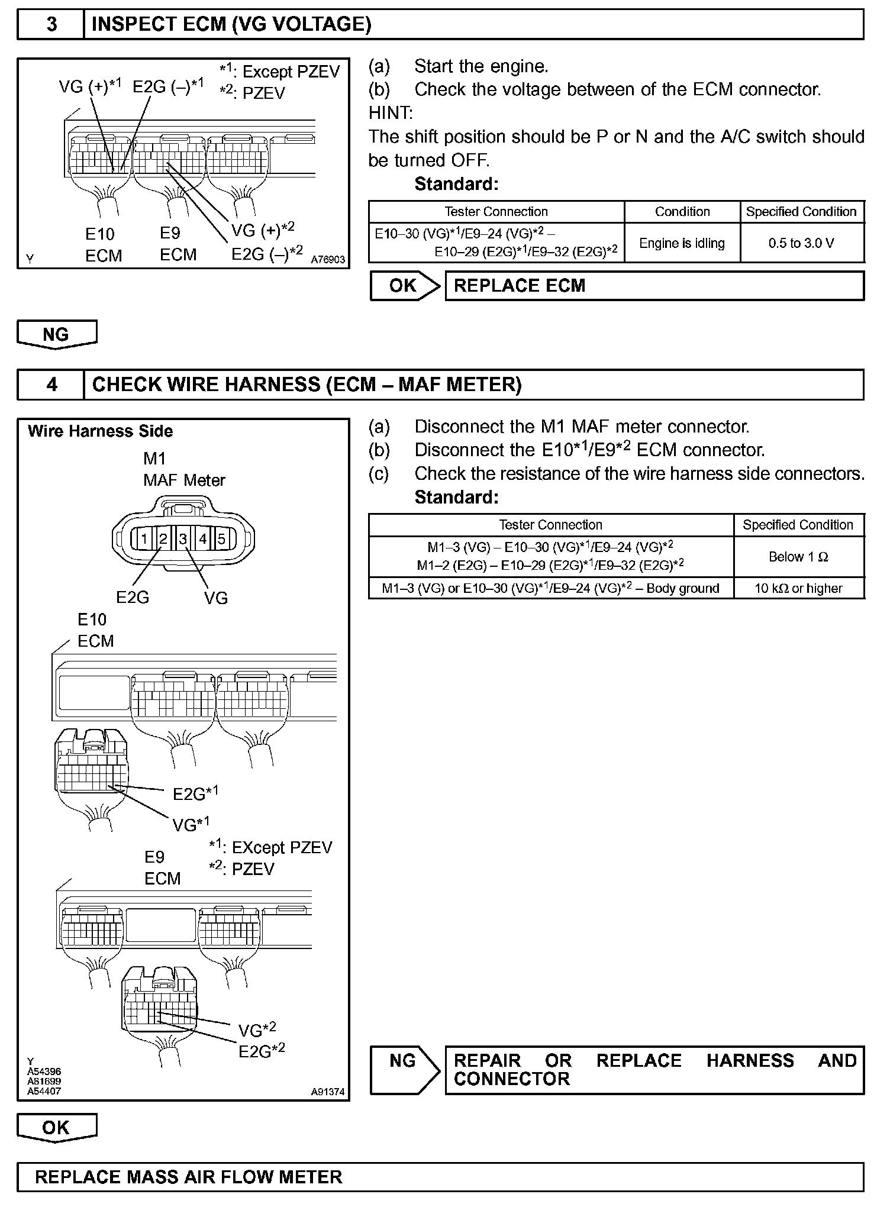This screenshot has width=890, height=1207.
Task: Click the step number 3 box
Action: point(51,25)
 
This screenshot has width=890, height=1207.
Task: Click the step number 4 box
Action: point(51,385)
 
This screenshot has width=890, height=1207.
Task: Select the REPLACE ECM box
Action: point(654,286)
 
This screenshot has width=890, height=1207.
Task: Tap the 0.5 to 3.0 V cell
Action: point(801,243)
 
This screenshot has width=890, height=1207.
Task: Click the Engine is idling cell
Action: point(682,243)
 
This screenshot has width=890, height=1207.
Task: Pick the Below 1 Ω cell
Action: point(798,557)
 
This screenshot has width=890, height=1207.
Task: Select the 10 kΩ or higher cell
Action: point(798,588)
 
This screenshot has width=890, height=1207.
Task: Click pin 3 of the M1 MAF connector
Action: point(183,538)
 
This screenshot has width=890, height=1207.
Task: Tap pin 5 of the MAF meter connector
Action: point(221,538)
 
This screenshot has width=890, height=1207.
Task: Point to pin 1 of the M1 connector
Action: point(144,538)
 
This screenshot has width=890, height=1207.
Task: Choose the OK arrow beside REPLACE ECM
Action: point(405,286)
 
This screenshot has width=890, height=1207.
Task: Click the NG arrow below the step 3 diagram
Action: point(56,334)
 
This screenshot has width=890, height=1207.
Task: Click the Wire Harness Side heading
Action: point(100,431)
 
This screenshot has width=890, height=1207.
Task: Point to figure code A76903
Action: point(328,259)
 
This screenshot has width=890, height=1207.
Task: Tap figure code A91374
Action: point(328,1092)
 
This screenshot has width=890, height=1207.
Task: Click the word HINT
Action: point(391,112)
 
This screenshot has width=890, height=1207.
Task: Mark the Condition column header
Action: point(682,212)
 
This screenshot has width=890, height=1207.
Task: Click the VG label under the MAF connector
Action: point(215,598)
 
